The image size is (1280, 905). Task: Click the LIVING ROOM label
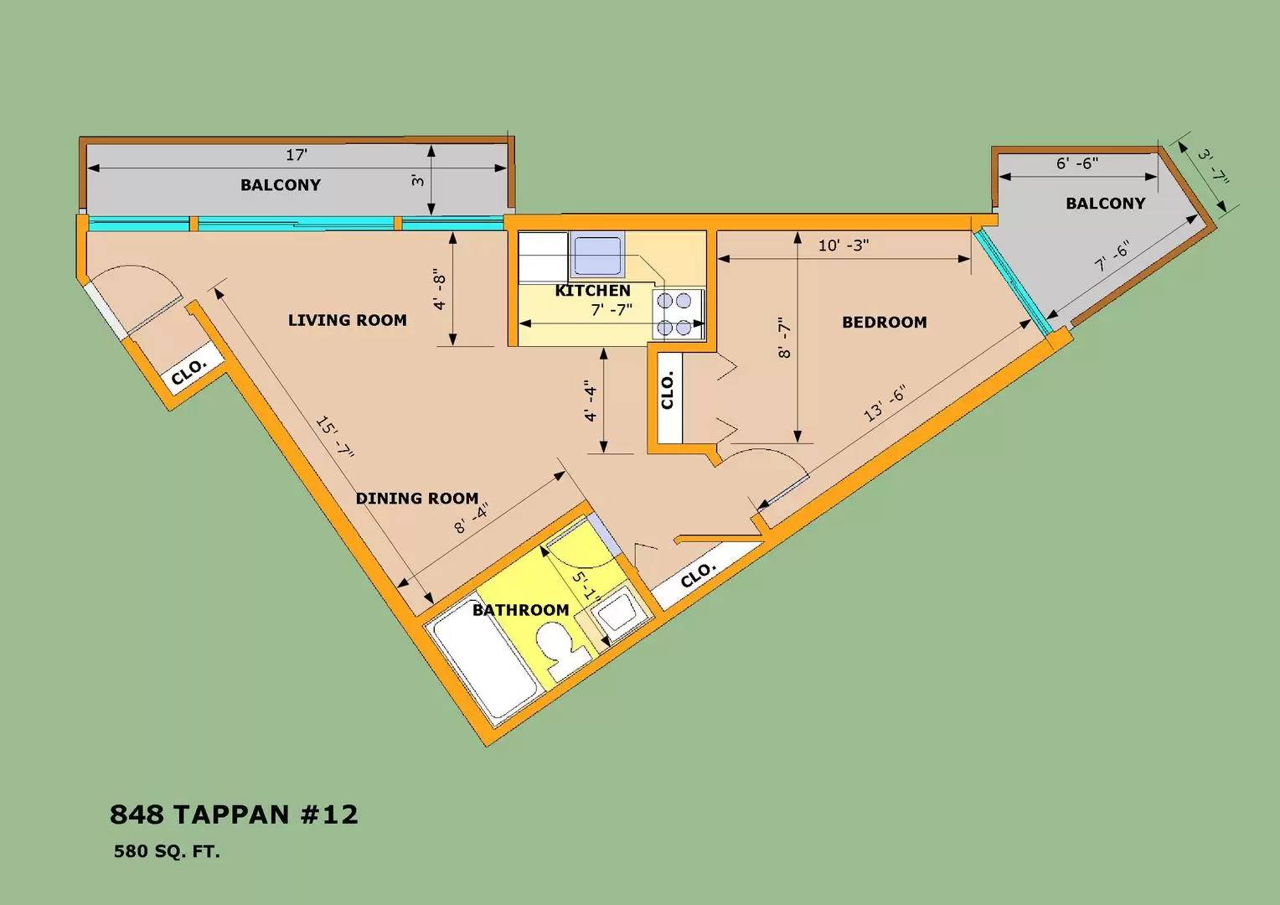pos(347,320)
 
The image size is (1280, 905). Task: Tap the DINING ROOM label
pos(416,499)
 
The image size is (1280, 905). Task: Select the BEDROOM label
pos(884,323)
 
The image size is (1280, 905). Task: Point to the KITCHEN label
pos(592,291)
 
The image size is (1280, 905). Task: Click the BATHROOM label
pos(520,610)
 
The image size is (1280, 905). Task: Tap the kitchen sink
pos(596,256)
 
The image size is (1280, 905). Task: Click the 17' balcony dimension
pos(297,155)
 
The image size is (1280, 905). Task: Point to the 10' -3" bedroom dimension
pos(843,246)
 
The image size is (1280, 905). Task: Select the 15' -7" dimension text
pos(335,437)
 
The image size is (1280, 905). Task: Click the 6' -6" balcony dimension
pos(1076,163)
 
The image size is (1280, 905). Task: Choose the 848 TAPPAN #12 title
pos(234,814)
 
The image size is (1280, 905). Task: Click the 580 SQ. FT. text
pos(167,852)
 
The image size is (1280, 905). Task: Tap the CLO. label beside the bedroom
pos(668,391)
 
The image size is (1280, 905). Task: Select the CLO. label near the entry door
pos(188,371)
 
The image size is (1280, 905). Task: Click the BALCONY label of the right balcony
pos(1105,204)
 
